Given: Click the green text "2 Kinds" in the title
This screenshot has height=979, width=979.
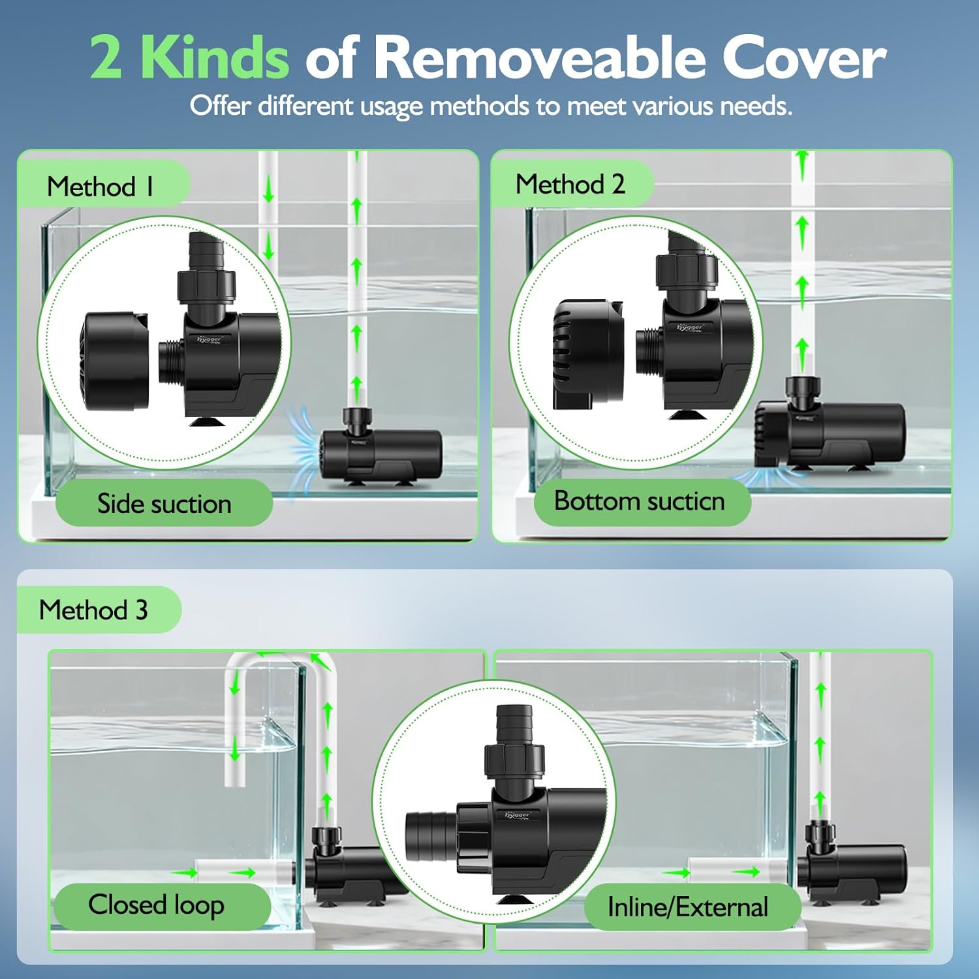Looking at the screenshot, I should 189,57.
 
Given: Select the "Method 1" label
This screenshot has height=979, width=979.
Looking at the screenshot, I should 101,187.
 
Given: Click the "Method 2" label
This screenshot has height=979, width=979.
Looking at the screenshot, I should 570,184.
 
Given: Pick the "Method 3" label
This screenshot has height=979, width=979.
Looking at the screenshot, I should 93,610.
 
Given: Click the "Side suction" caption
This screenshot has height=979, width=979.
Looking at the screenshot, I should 164,503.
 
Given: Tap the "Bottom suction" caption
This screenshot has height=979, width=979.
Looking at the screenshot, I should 639,501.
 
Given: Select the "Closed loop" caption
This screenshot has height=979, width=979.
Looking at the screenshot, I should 156,905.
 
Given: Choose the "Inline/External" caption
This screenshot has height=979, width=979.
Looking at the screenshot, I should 687,907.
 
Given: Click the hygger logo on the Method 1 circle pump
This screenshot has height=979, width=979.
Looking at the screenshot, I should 209,339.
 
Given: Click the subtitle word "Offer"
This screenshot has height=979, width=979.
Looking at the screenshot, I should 220,106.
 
